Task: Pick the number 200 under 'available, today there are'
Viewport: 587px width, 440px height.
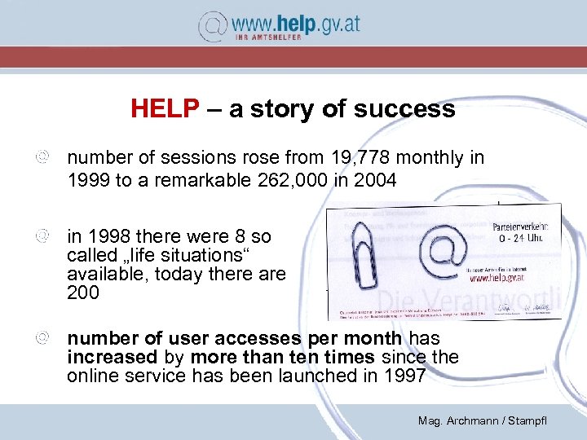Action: point(83,293)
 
